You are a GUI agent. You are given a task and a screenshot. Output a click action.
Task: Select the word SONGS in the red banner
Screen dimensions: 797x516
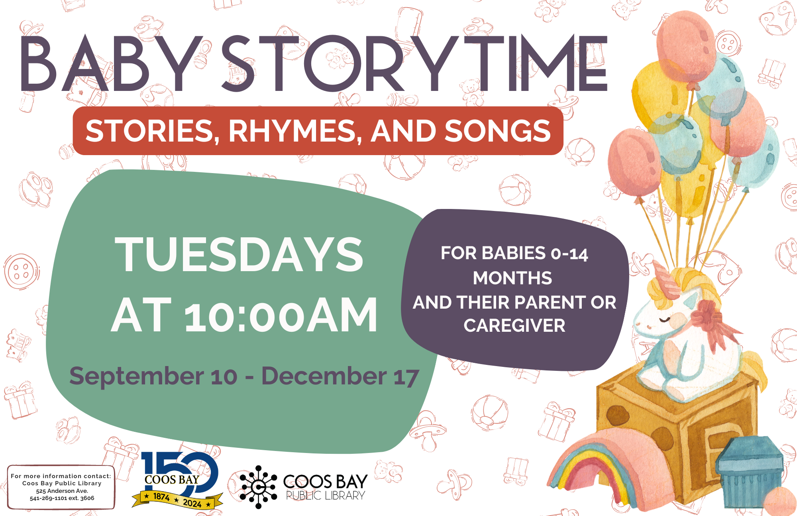click(498, 131)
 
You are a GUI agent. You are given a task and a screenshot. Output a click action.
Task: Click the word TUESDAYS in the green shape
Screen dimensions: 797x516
click(239, 254)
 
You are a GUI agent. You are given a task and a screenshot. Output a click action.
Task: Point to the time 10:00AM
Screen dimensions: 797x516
click(281, 315)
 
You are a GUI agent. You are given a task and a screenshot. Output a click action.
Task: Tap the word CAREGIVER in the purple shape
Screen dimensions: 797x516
click(514, 326)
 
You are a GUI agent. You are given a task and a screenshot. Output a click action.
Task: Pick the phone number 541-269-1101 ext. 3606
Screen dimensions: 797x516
click(62, 498)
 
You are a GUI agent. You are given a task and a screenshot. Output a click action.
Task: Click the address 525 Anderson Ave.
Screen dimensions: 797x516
click(62, 491)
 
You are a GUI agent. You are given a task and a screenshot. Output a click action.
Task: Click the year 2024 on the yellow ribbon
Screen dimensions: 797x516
click(192, 503)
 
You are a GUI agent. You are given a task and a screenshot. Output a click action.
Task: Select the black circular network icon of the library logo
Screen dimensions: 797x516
click(258, 487)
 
